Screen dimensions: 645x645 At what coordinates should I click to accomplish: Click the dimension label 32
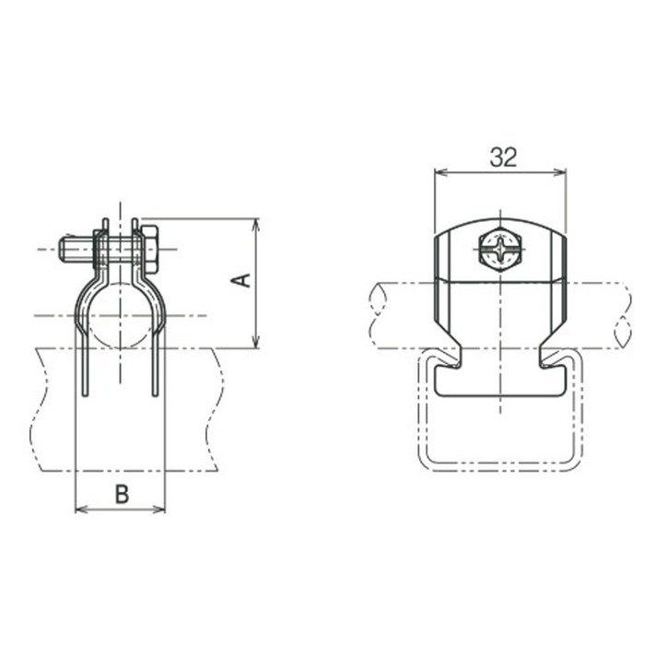click(503, 157)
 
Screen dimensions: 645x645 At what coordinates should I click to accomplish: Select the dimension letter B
click(122, 494)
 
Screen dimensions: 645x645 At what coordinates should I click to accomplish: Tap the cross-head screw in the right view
click(500, 249)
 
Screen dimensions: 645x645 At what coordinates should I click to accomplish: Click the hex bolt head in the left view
click(150, 250)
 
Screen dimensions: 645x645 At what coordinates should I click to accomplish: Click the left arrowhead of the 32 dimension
click(440, 172)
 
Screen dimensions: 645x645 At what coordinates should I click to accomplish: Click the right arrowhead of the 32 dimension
click(560, 172)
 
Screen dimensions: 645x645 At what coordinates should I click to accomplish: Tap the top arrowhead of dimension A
click(256, 224)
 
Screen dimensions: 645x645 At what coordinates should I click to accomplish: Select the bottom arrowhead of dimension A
click(256, 342)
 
